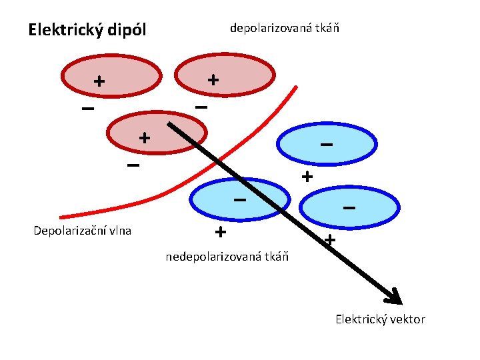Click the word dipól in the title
(x=124, y=31)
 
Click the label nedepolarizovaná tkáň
(x=227, y=257)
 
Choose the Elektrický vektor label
(x=380, y=319)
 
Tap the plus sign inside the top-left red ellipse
(x=99, y=81)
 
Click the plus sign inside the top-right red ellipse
(x=213, y=79)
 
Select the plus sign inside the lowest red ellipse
(x=143, y=138)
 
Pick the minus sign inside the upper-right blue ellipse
(x=326, y=144)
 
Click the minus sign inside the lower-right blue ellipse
(x=348, y=208)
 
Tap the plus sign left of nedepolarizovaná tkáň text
(x=220, y=232)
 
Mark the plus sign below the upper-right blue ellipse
(x=306, y=177)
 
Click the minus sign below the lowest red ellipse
(x=133, y=165)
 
